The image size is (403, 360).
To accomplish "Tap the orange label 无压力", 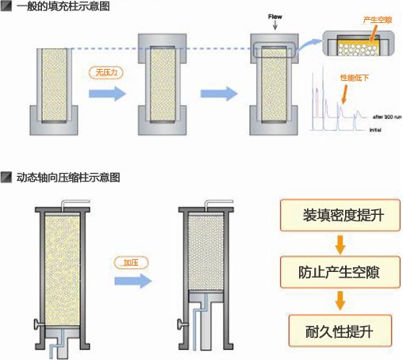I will [x=106, y=72].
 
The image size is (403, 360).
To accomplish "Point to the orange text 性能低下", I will [x=353, y=78].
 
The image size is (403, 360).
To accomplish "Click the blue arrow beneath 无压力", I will [x=106, y=94].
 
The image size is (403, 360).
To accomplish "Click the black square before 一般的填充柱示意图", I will [x=6, y=6].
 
